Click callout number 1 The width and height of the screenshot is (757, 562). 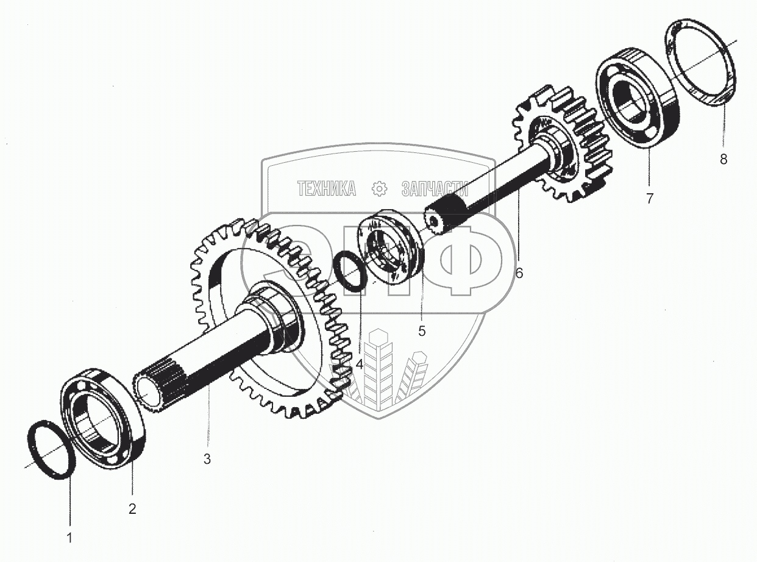(x=69, y=538)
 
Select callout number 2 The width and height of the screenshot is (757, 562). (x=132, y=509)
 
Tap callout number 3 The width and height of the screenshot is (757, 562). (x=207, y=459)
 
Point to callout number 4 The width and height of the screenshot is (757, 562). (x=360, y=365)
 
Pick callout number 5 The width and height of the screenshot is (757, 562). (x=422, y=330)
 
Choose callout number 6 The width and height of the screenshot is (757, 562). (x=519, y=273)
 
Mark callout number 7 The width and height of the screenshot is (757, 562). (x=649, y=198)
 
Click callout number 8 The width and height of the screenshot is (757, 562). (x=723, y=160)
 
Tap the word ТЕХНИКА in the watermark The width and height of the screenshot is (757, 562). (x=327, y=189)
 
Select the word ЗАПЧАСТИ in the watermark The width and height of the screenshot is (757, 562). (x=435, y=189)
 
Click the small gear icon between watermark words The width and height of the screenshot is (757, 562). (x=380, y=189)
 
